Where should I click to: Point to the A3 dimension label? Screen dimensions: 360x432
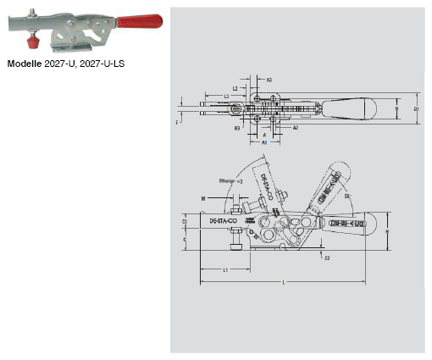[269, 80]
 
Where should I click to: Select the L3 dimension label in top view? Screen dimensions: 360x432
[228, 97]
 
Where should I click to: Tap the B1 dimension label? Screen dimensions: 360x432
[416, 109]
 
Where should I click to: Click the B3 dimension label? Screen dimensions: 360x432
[240, 128]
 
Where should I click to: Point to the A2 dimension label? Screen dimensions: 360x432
[295, 128]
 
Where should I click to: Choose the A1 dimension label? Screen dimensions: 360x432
[264, 144]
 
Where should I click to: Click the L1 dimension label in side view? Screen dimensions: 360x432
[225, 269]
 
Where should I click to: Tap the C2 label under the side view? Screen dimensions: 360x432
[327, 258]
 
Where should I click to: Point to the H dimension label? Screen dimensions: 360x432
[387, 231]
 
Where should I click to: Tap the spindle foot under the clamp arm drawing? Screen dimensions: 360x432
[235, 248]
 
